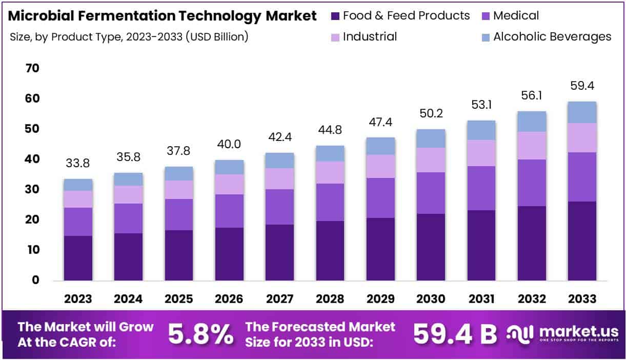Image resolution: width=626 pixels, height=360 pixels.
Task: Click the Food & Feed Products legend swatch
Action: pyautogui.click(x=336, y=16)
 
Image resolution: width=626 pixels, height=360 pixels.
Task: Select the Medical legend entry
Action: pyautogui.click(x=516, y=16)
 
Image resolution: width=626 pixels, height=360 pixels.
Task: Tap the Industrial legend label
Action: pyautogui.click(x=370, y=37)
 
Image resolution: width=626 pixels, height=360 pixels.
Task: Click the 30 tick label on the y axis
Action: pyautogui.click(x=32, y=190)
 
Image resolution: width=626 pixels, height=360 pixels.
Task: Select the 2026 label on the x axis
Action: pyautogui.click(x=229, y=299)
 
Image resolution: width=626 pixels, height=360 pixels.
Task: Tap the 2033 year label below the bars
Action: pyautogui.click(x=582, y=299)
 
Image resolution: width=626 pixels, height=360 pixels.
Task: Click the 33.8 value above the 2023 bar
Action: pyautogui.click(x=78, y=164)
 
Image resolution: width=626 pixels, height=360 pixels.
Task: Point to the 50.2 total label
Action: pyautogui.click(x=431, y=113)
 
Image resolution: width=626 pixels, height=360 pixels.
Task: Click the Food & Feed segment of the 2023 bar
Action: pyautogui.click(x=78, y=258)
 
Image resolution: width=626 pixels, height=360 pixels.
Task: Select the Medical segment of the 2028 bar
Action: pyautogui.click(x=330, y=202)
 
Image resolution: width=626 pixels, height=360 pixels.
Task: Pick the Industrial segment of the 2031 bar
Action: pyautogui.click(x=481, y=153)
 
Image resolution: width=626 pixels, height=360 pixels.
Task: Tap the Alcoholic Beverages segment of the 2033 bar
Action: pyautogui.click(x=582, y=112)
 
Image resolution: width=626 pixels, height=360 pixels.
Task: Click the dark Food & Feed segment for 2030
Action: pyautogui.click(x=431, y=247)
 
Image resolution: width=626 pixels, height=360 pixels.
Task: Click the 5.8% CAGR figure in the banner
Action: pyautogui.click(x=200, y=334)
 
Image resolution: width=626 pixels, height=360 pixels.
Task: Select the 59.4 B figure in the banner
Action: pyautogui.click(x=455, y=334)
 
